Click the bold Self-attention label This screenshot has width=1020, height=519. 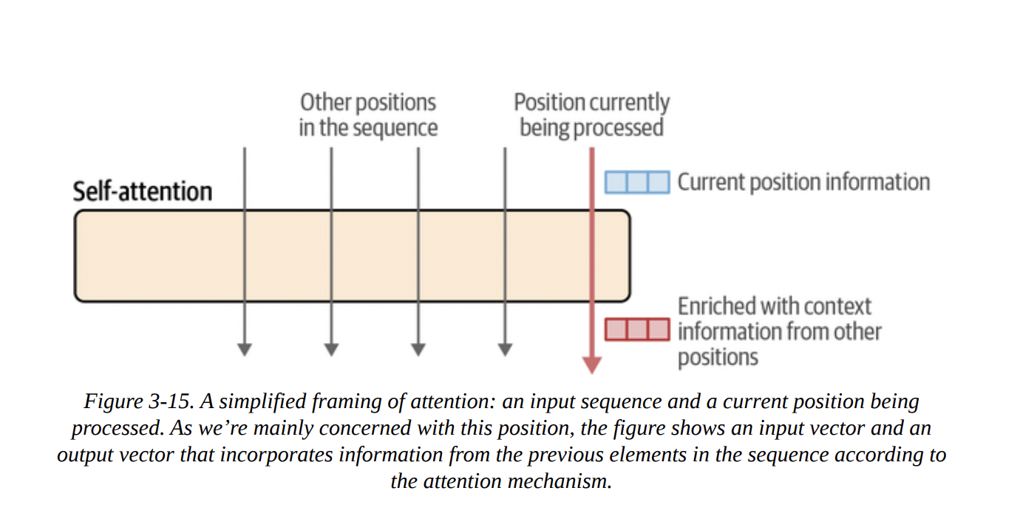click(x=142, y=191)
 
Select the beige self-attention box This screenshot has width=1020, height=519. click(x=352, y=256)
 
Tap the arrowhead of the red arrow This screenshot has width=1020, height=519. click(x=591, y=364)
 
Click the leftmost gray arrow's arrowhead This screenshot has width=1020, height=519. click(x=244, y=350)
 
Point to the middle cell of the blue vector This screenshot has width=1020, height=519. click(x=637, y=182)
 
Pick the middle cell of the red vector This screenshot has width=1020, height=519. click(x=637, y=330)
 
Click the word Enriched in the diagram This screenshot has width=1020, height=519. click(x=714, y=306)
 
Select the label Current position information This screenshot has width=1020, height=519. click(x=803, y=182)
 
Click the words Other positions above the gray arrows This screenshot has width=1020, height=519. click(x=367, y=103)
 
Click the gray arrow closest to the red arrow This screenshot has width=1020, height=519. click(x=505, y=251)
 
